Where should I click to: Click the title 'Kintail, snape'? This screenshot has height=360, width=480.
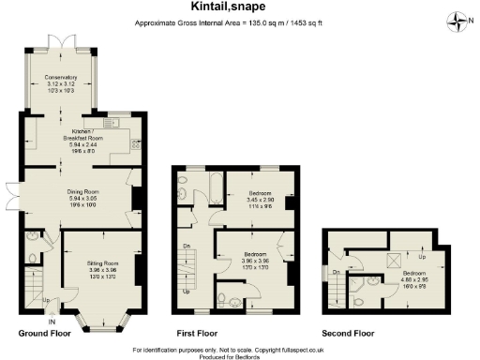pyautogui.click(x=240, y=7)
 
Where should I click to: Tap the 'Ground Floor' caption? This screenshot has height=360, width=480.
pyautogui.click(x=44, y=333)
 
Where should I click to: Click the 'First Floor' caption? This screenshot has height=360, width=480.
pyautogui.click(x=198, y=333)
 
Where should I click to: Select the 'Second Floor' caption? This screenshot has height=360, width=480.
pyautogui.click(x=348, y=333)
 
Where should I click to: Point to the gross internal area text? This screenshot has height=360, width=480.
pyautogui.click(x=240, y=22)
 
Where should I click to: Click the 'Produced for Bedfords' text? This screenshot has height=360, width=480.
pyautogui.click(x=240, y=355)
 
